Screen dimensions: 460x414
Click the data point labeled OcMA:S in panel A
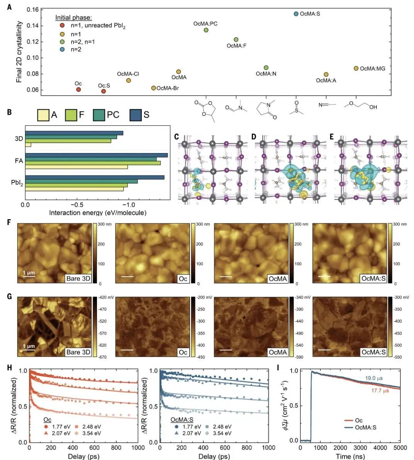pos(296,14)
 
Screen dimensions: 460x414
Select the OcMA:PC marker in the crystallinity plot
pos(206,30)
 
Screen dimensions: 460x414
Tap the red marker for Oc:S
pos(103,91)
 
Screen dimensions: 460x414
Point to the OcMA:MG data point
pos(356,68)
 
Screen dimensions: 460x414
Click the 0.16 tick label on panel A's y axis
pos(33,10)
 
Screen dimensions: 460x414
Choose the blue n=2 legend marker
pos(62,49)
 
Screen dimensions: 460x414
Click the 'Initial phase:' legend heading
pos(73,18)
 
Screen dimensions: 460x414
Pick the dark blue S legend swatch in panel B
pos(136,115)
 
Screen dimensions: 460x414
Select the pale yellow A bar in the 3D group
pos(28,145)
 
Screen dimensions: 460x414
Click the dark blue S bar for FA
pos(97,155)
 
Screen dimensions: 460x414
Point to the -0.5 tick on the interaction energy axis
pos(77,205)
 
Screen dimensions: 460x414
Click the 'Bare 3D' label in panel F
pos(78,279)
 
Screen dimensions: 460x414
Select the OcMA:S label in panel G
pos(373,352)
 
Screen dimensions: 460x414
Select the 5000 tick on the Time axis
pos(400,448)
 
